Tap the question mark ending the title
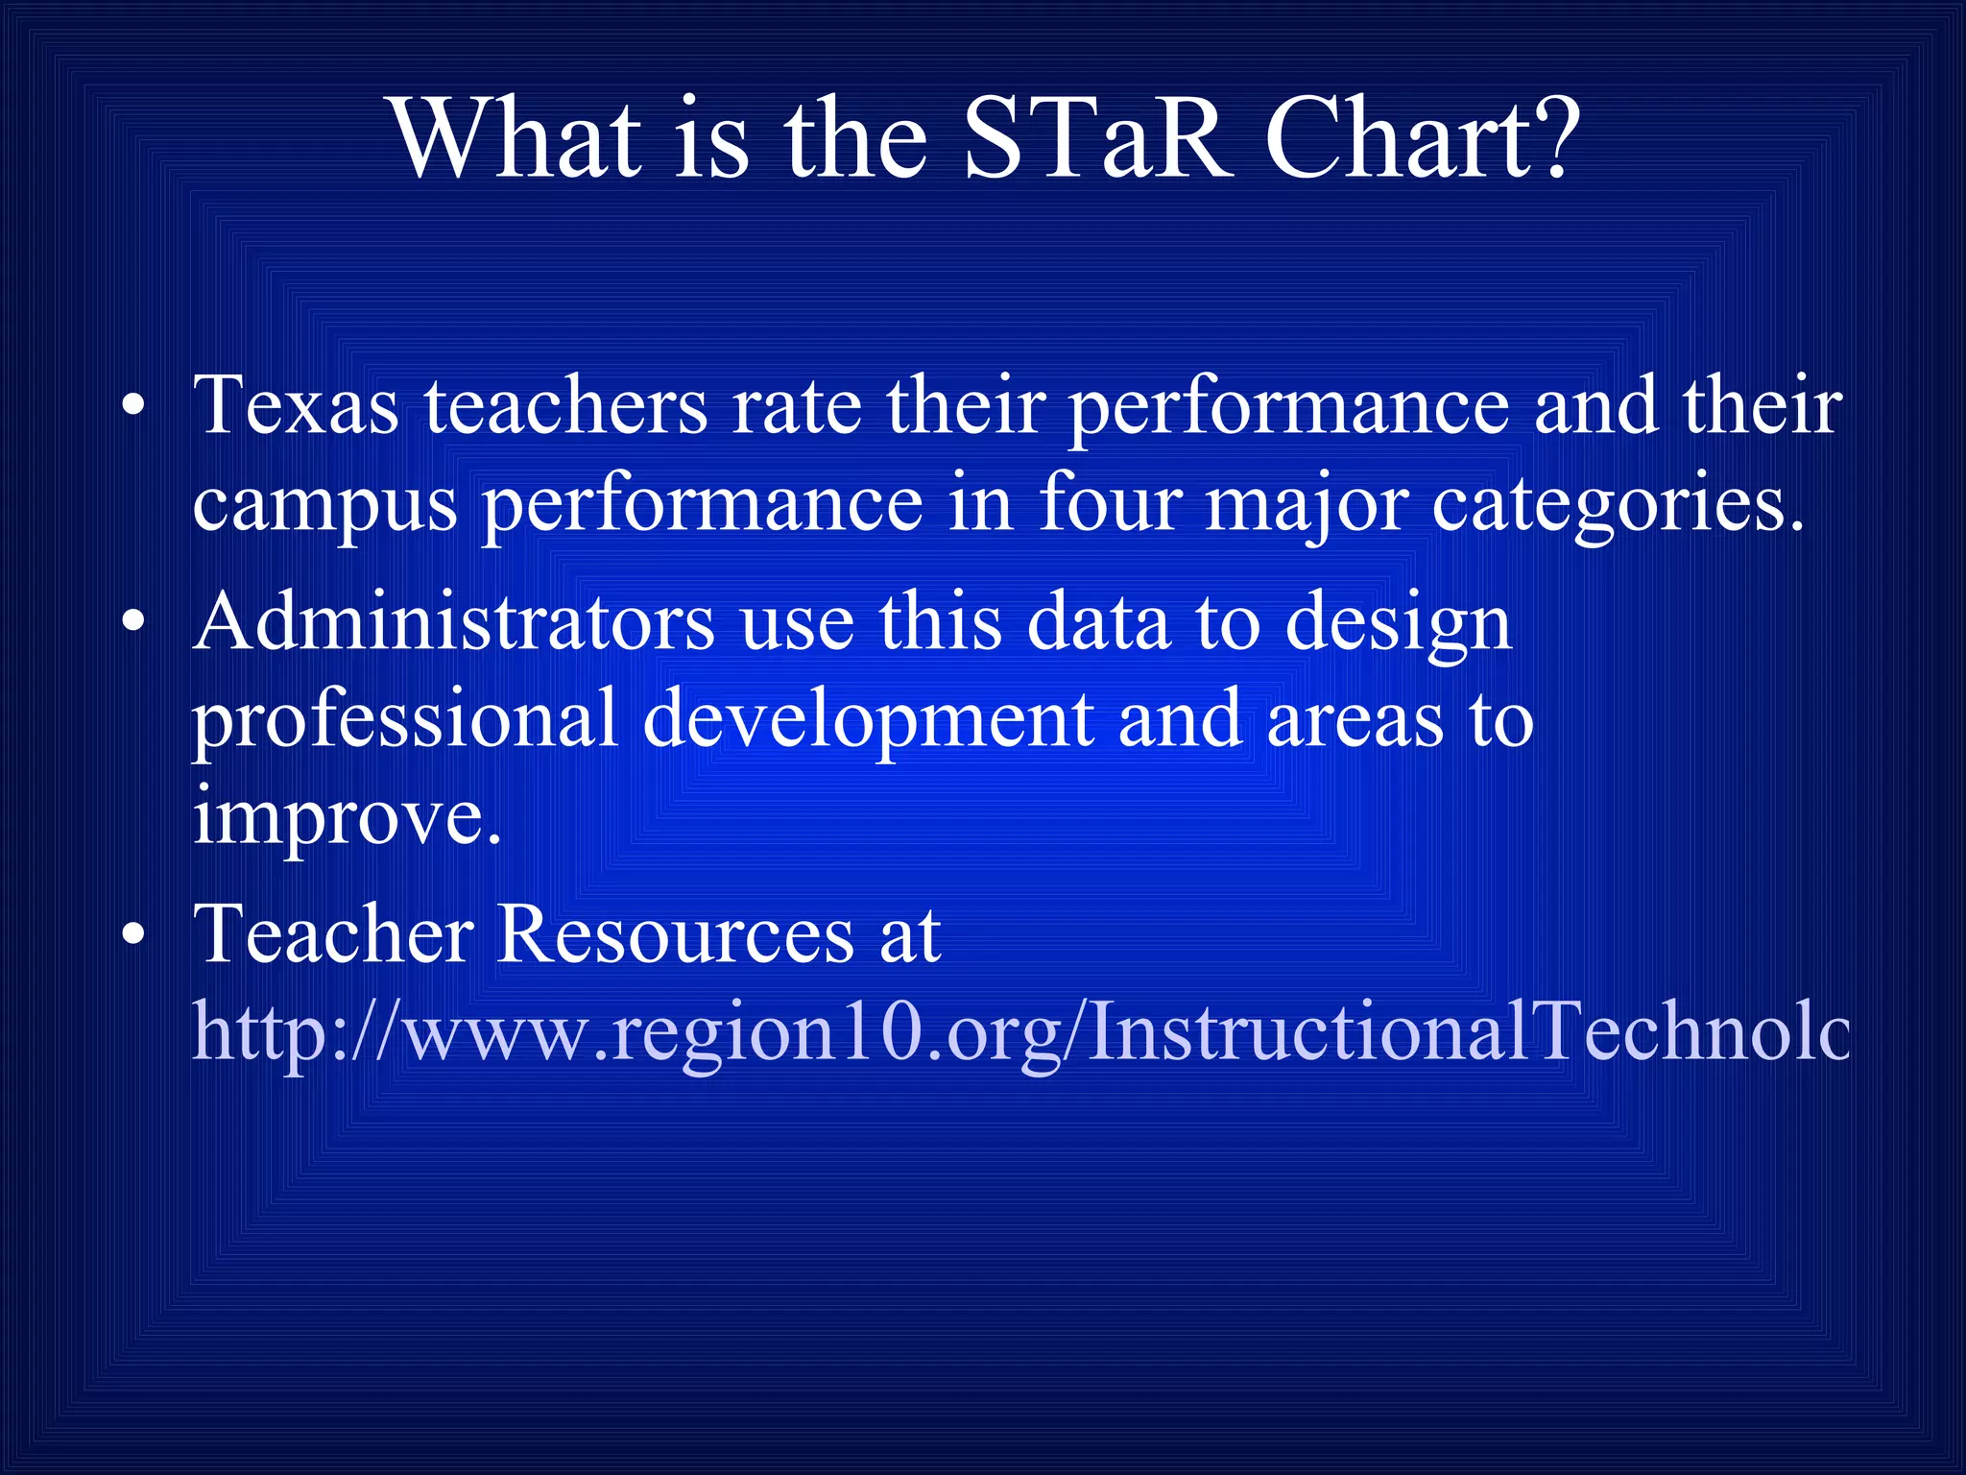coord(1547,139)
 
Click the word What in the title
coord(516,139)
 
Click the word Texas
coord(296,406)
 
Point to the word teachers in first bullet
coord(566,406)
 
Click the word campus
coord(324,507)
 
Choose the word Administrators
coord(453,622)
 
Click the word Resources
coord(676,934)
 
